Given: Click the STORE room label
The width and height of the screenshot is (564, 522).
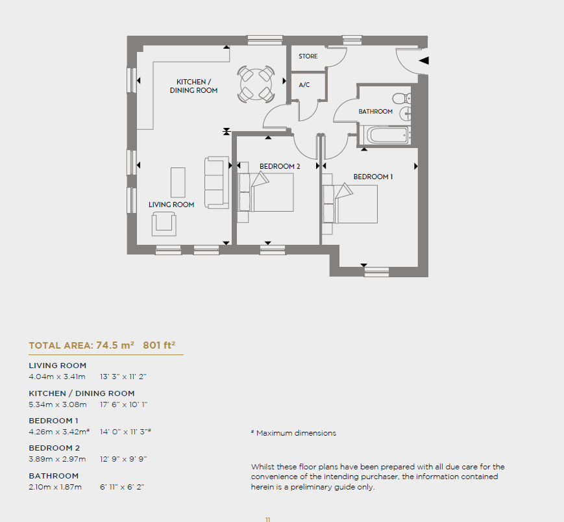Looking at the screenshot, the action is [x=308, y=56].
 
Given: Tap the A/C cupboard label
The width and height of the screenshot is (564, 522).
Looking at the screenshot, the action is [x=304, y=85].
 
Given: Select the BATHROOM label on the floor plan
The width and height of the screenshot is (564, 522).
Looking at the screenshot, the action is [x=375, y=112].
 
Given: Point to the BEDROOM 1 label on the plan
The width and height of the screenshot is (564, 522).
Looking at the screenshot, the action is [x=373, y=177].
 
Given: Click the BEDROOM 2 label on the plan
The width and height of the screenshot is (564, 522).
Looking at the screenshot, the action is [x=280, y=166].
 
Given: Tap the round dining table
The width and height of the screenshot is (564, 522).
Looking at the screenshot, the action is [x=256, y=84].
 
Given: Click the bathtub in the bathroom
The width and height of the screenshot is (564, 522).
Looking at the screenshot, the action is [x=387, y=135].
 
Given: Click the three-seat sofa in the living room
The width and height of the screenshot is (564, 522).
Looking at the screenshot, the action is [x=217, y=182].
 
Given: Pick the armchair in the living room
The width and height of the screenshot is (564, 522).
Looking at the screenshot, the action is [x=164, y=224].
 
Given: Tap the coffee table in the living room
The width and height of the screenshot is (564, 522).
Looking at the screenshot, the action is [x=178, y=182].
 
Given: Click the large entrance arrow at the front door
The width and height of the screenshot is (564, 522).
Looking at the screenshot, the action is [x=424, y=60].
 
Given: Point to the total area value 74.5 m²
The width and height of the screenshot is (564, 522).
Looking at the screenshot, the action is [x=115, y=345].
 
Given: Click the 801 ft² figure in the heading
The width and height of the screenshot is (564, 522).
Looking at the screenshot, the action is [x=159, y=345].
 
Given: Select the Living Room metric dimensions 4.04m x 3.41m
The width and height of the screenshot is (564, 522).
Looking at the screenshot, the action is [x=57, y=377].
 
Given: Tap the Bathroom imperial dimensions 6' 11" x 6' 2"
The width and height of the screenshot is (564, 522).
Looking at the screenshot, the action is [x=122, y=487].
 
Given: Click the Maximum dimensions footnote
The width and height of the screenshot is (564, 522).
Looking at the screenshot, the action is [x=293, y=433].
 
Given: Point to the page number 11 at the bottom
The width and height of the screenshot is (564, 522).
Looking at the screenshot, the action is [x=267, y=519].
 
